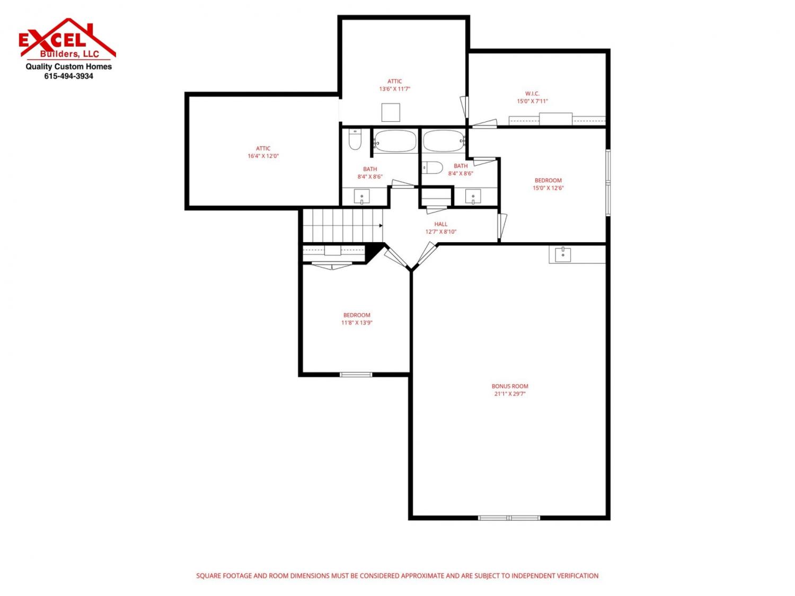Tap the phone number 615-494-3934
coord(68,76)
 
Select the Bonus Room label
coord(510,386)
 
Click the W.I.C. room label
coord(532,94)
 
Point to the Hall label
coord(440,224)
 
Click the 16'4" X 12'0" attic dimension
coord(263,156)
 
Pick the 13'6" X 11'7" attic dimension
coord(394,89)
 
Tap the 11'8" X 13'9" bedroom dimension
coord(357,323)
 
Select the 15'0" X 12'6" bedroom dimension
coord(548,188)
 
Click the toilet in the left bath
coord(355,140)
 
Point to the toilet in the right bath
coord(432,167)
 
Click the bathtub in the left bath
coord(395,141)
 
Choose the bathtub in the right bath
coord(444,141)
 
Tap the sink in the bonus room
coord(563,255)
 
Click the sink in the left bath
coord(361,197)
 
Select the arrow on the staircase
coord(381,226)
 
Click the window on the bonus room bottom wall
coord(509,518)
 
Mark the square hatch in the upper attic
coord(391,112)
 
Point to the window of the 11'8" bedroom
coord(356,375)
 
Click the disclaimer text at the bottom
coord(397,575)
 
